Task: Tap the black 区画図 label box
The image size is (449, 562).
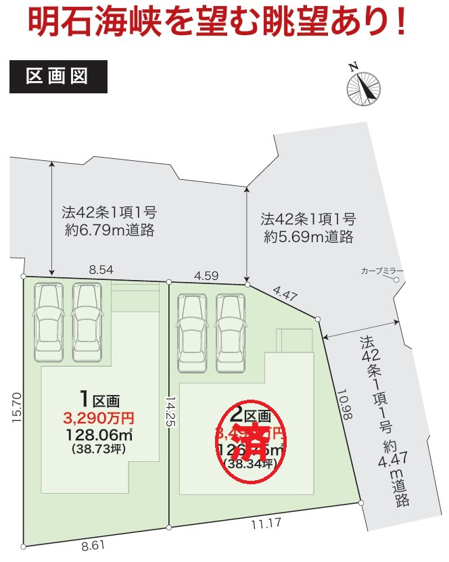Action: click(x=58, y=76)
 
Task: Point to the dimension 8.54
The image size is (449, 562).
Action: click(x=101, y=269)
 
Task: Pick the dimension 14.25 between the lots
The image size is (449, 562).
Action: click(x=174, y=411)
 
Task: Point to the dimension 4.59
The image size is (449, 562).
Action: click(x=206, y=275)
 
